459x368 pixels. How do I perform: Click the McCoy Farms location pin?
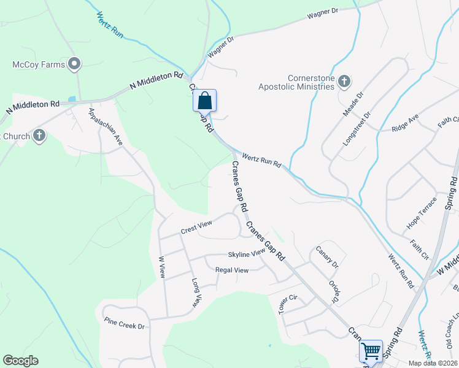[x=75, y=63]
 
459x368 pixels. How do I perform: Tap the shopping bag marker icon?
[x=204, y=100]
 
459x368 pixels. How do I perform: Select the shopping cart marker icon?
[x=371, y=351]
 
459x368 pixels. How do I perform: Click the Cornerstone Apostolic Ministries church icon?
[x=345, y=81]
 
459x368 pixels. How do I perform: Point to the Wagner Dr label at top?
[x=323, y=18]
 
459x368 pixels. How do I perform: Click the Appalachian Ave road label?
[x=106, y=126]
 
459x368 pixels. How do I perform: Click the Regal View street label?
[x=231, y=270]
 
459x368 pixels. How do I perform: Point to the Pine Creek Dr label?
[x=124, y=323]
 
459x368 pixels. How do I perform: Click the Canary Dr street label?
[x=327, y=257]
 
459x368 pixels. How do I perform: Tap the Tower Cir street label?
[x=288, y=304]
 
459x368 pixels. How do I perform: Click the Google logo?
[x=20, y=361]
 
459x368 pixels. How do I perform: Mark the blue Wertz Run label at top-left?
[x=110, y=25]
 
